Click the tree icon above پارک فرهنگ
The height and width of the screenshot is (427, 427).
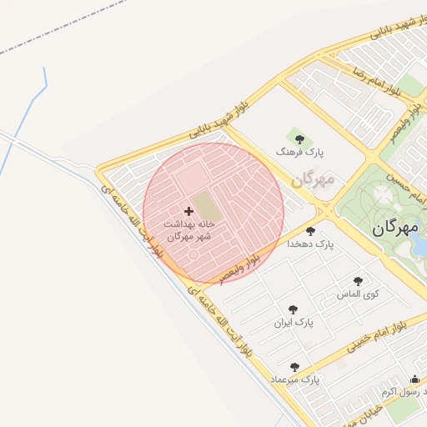click(x=299, y=139)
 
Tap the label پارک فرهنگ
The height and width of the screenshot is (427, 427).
click(x=299, y=153)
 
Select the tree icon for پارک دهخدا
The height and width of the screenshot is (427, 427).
click(x=311, y=231)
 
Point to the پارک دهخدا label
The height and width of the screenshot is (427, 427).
click(x=310, y=244)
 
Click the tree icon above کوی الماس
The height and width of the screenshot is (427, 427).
click(x=359, y=282)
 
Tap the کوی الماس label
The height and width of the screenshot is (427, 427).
click(x=358, y=294)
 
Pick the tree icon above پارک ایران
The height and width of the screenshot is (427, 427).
click(x=293, y=309)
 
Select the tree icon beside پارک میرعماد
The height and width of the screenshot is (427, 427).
click(x=294, y=367)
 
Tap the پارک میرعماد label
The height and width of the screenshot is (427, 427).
click(x=294, y=380)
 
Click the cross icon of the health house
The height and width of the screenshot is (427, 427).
click(x=188, y=212)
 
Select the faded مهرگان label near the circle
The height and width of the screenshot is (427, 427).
click(x=313, y=178)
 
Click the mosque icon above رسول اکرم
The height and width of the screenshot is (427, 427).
click(x=415, y=379)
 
